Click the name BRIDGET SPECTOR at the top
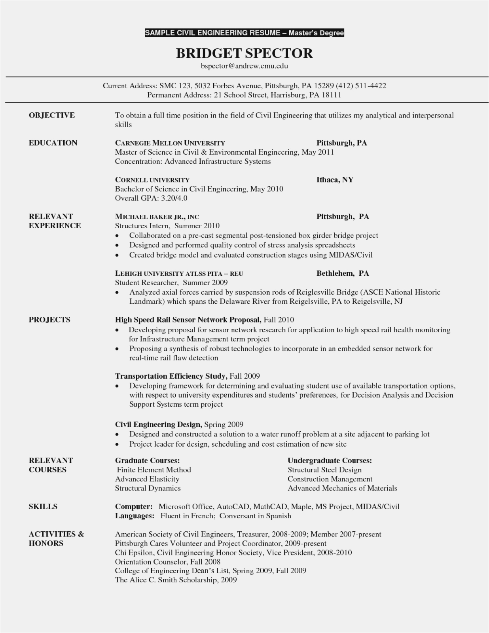(244, 53)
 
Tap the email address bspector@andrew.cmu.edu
(244, 66)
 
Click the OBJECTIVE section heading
(52, 116)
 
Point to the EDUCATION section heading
(53, 143)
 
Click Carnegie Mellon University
(170, 143)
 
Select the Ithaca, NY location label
(335, 180)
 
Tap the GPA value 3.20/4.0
(174, 198)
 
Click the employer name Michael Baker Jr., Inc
(157, 217)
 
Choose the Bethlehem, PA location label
(343, 273)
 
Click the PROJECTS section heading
(49, 320)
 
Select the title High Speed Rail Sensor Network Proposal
(188, 320)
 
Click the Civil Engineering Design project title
(158, 425)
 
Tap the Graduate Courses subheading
(147, 461)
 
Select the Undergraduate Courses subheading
(330, 461)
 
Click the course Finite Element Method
(154, 470)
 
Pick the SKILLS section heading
(43, 506)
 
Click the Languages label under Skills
(135, 516)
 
